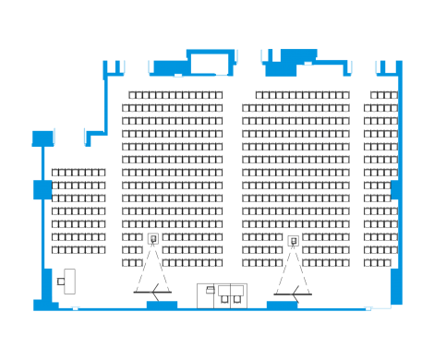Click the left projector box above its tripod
coord(153,239)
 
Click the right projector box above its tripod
coord(293,241)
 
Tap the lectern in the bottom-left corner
coord(69,281)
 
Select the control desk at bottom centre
coord(222,294)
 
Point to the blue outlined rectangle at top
coord(209,63)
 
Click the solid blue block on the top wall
coord(281,67)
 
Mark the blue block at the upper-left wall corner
coord(42,138)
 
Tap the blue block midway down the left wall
coord(42,189)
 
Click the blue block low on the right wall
coord(396,286)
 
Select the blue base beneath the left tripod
coord(162,304)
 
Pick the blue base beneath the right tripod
coord(282,304)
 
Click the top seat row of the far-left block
coord(78,173)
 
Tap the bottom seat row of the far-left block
coord(78,250)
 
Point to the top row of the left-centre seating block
coord(175,95)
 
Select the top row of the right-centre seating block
coord(302,95)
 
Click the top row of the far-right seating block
coord(384,95)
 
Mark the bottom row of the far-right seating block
coord(379,263)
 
